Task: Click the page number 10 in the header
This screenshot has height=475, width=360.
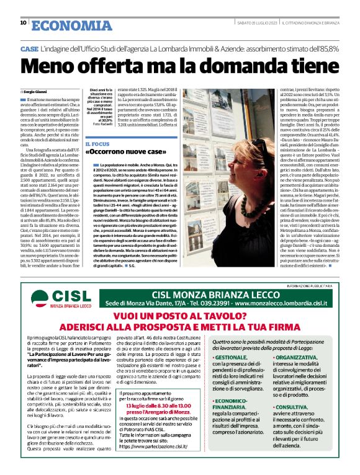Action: pyautogui.click(x=23, y=24)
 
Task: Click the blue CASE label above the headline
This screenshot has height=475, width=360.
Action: pyautogui.click(x=29, y=48)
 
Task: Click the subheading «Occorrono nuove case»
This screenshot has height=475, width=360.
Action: pyautogui.click(x=127, y=153)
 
